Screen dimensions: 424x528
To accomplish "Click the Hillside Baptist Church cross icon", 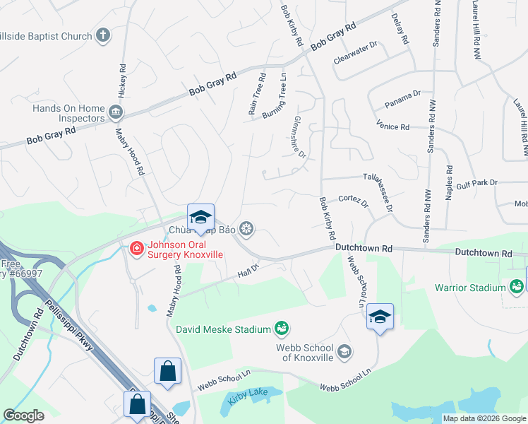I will pyautogui.click(x=103, y=35).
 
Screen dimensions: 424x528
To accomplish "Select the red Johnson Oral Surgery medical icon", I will pyautogui.click(x=136, y=248).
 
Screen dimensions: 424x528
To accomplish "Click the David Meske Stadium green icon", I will pyautogui.click(x=282, y=329).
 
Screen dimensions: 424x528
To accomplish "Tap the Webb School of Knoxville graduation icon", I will pyautogui.click(x=344, y=351).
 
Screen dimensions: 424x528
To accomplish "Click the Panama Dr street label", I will pyautogui.click(x=402, y=99).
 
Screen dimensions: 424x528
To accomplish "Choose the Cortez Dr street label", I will pyautogui.click(x=354, y=201).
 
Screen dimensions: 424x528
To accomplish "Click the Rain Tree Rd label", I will pyautogui.click(x=257, y=95).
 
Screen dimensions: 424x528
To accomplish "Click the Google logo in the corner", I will pyautogui.click(x=25, y=416).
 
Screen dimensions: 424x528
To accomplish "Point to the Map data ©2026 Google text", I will pyautogui.click(x=484, y=418).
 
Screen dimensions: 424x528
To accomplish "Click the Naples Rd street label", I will pyautogui.click(x=448, y=184).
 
